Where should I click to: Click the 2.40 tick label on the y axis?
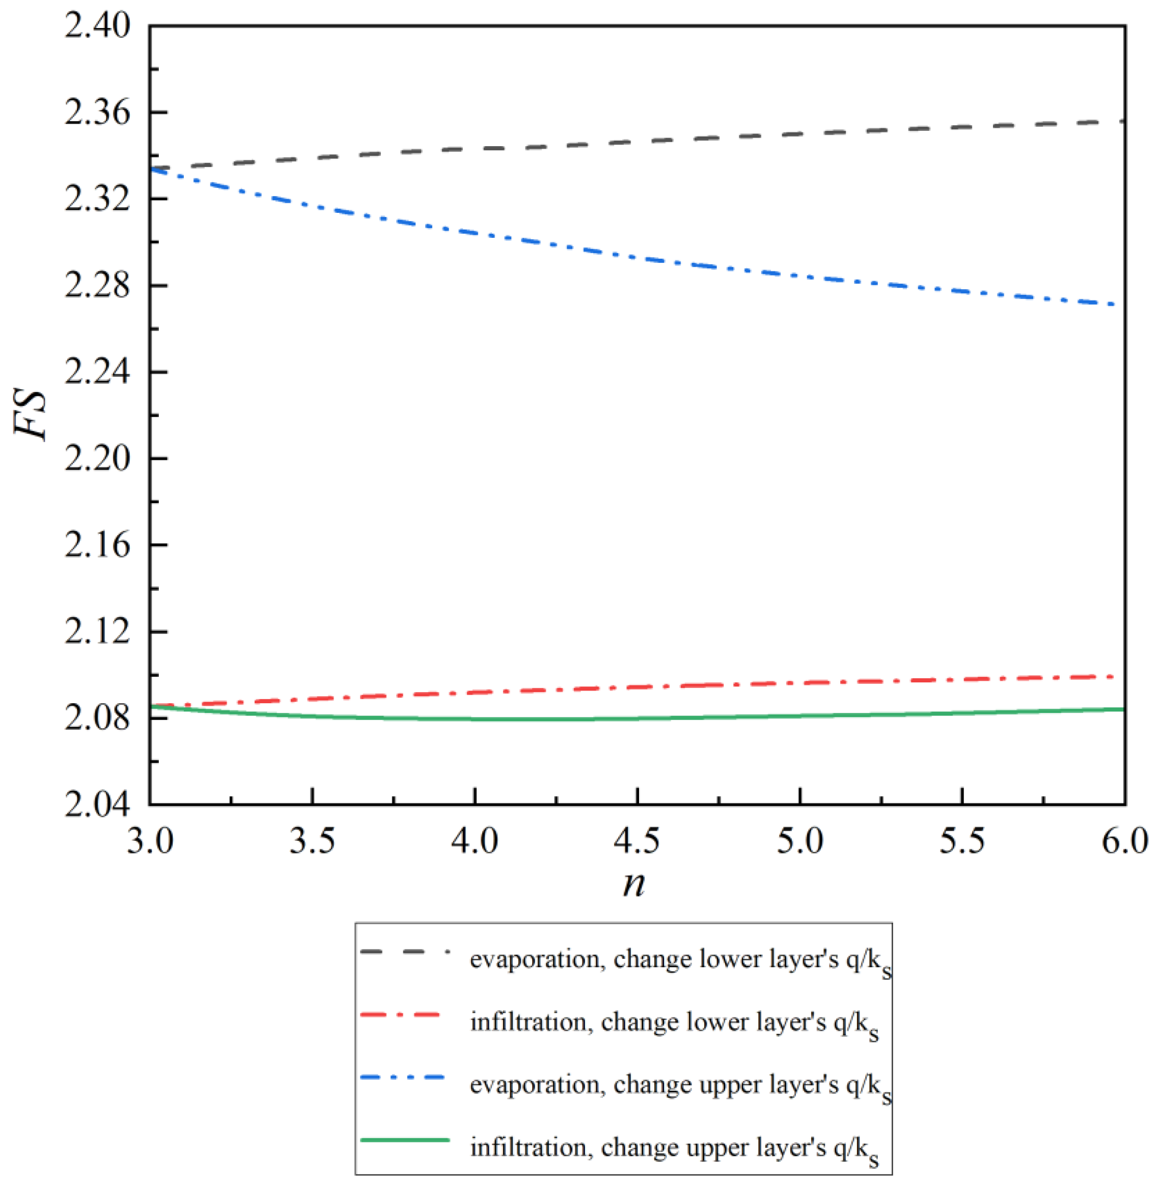(97, 27)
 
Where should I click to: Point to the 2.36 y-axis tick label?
(97, 114)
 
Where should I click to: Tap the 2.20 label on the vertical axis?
(97, 459)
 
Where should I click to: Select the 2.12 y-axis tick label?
(97, 631)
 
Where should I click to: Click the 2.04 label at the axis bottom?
(97, 804)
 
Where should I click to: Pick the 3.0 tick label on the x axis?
(150, 841)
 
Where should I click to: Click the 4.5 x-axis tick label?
(637, 841)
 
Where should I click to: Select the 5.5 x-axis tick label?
(962, 841)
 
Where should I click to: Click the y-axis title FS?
(31, 415)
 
